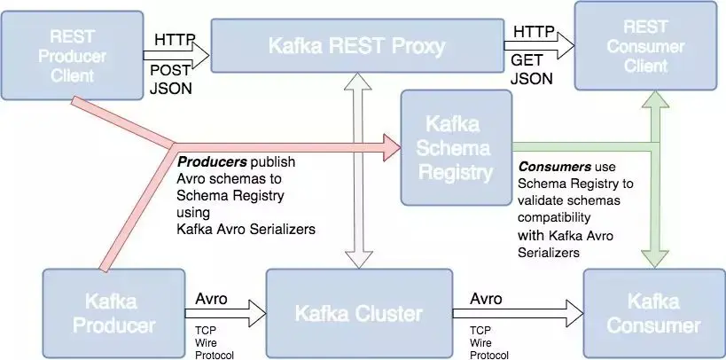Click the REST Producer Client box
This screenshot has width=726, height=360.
pos(72,56)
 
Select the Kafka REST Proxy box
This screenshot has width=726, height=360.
pos(357,45)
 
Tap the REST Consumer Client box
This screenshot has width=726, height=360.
pos(646,45)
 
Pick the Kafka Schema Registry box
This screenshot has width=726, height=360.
pos(457,147)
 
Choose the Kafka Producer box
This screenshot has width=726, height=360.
pos(113,314)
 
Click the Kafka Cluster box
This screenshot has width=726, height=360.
pos(359,314)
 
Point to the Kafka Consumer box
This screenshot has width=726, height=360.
pos(654,314)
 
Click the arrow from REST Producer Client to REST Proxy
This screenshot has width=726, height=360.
pos(177,56)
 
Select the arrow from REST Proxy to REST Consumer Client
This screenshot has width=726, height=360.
pos(540,46)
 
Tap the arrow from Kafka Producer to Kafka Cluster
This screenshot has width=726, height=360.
pos(225,314)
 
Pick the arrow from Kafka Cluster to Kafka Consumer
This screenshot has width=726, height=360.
pos(518,314)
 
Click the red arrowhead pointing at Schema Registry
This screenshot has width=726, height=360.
pos(392,147)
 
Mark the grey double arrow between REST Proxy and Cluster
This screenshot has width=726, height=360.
pos(359,171)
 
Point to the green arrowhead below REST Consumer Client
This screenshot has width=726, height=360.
pos(655,99)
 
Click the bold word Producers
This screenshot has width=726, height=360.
pos(213,162)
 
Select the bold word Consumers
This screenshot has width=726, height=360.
pos(555,167)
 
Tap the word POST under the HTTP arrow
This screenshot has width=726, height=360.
pos(170,70)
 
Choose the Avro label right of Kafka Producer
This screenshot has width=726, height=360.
pos(211,299)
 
